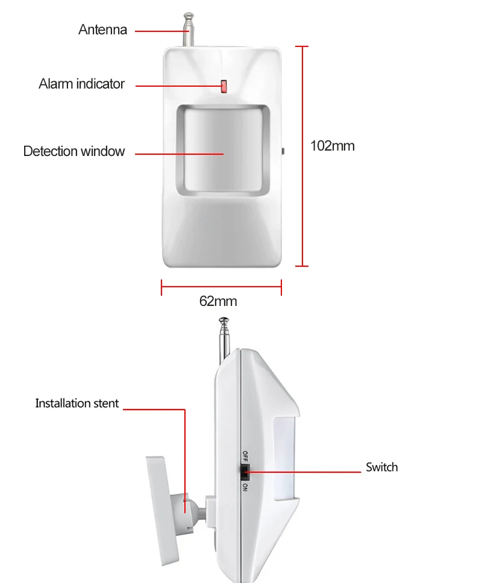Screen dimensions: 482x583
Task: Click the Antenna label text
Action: (102, 30)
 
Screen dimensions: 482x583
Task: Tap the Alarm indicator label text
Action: (81, 84)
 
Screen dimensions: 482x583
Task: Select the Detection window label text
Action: (74, 151)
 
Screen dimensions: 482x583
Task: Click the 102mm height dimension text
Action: (333, 146)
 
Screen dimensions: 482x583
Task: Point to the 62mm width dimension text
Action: (218, 301)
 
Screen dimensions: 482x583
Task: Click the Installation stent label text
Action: (77, 404)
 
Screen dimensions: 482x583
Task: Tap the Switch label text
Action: (382, 467)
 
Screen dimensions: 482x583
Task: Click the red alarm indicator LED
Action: (224, 86)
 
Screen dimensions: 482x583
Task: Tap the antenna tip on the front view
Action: (189, 16)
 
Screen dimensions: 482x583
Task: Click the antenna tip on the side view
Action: (224, 320)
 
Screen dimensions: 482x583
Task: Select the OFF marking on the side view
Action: (245, 456)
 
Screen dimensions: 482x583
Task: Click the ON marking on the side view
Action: (245, 487)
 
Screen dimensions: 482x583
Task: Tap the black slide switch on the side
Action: (245, 472)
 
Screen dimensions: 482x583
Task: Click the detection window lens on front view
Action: (223, 150)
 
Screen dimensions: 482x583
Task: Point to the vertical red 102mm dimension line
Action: (302, 156)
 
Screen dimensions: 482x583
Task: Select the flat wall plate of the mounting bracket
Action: (163, 511)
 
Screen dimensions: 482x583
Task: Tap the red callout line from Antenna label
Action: (162, 31)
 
